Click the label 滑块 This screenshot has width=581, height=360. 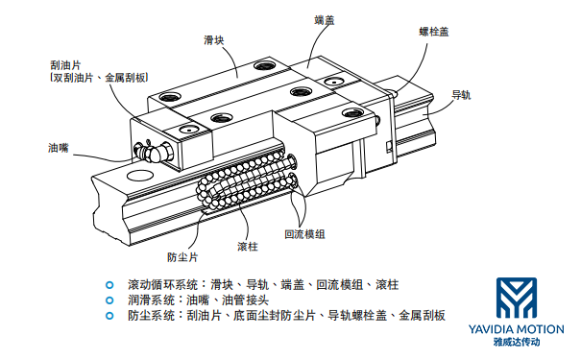[x=214, y=40]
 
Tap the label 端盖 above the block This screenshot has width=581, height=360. [x=325, y=20]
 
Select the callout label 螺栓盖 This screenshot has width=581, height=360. [x=434, y=32]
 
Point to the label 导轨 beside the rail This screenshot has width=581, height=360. [x=461, y=95]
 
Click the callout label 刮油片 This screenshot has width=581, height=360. [x=65, y=65]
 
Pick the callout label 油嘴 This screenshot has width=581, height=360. [x=59, y=148]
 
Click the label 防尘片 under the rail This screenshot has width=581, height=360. [x=182, y=257]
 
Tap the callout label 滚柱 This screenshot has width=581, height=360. [x=248, y=247]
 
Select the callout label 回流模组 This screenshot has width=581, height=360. [x=304, y=234]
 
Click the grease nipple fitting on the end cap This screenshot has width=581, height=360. [x=152, y=151]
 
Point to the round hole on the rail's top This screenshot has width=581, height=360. [x=139, y=175]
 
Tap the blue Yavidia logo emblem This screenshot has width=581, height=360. [x=517, y=298]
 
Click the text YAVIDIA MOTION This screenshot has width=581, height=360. [x=516, y=329]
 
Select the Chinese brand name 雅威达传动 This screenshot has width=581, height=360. [x=517, y=342]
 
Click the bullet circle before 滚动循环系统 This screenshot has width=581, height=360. [x=109, y=285]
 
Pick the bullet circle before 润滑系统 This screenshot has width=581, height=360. [x=109, y=300]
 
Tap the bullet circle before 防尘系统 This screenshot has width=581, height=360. [x=109, y=316]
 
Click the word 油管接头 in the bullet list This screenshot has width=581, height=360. [x=245, y=300]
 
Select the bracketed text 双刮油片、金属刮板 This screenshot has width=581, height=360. [x=99, y=78]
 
